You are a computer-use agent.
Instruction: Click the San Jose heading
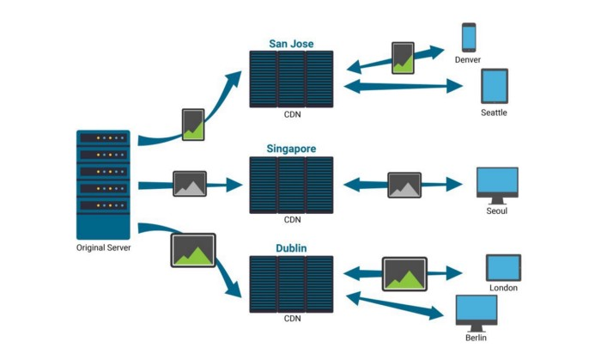pyautogui.click(x=291, y=44)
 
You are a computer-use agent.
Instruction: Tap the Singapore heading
pyautogui.click(x=291, y=149)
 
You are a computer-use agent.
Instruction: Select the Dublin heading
pyautogui.click(x=291, y=248)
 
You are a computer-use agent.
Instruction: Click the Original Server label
pyautogui.click(x=104, y=247)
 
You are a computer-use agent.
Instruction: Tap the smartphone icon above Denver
pyautogui.click(x=469, y=37)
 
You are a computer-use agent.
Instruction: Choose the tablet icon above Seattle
pyautogui.click(x=495, y=86)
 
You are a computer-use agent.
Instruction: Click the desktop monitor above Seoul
pyautogui.click(x=497, y=186)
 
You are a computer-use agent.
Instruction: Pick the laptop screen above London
pyautogui.click(x=503, y=267)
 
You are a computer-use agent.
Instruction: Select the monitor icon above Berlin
pyautogui.click(x=477, y=314)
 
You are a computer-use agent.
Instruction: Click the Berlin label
pyautogui.click(x=476, y=338)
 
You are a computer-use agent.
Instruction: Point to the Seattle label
pyautogui.click(x=494, y=113)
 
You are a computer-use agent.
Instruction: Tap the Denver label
pyautogui.click(x=468, y=60)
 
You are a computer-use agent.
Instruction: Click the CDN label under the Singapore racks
pyautogui.click(x=293, y=220)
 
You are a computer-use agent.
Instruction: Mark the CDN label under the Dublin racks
pyautogui.click(x=293, y=319)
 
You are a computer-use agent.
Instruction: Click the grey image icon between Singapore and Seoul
pyautogui.click(x=404, y=186)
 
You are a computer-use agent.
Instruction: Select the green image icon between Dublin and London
pyautogui.click(x=404, y=274)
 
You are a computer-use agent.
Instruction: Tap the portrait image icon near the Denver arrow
pyautogui.click(x=403, y=58)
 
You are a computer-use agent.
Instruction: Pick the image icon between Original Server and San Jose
pyautogui.click(x=193, y=125)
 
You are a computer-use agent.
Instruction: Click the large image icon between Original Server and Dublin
pyautogui.click(x=193, y=250)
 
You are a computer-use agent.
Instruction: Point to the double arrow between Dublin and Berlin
pyautogui.click(x=395, y=306)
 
